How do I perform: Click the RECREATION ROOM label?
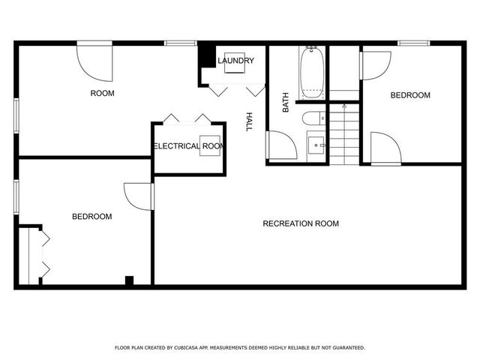(x=300, y=223)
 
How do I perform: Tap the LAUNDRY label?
(x=235, y=61)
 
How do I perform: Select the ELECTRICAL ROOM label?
(x=188, y=146)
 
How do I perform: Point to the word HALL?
(x=249, y=122)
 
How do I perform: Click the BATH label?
(x=286, y=103)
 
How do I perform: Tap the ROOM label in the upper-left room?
(x=102, y=93)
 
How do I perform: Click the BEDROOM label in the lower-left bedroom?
(x=91, y=217)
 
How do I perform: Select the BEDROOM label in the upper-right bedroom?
(x=410, y=95)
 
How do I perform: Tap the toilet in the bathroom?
(x=314, y=118)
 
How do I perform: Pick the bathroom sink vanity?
(x=316, y=143)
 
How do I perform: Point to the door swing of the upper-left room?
(x=94, y=61)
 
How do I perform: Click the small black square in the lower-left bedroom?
(x=129, y=280)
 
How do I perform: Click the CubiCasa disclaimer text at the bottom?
(x=240, y=348)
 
